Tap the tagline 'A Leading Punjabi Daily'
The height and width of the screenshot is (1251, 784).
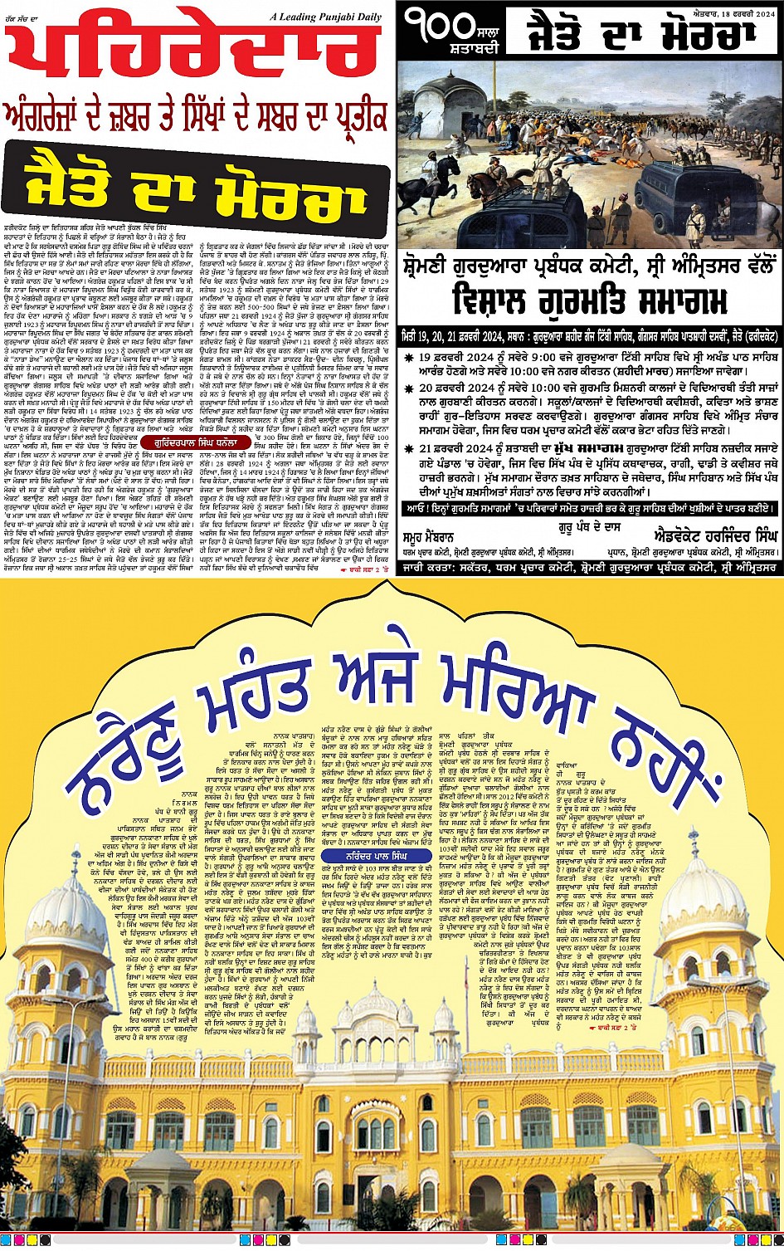point(338,17)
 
